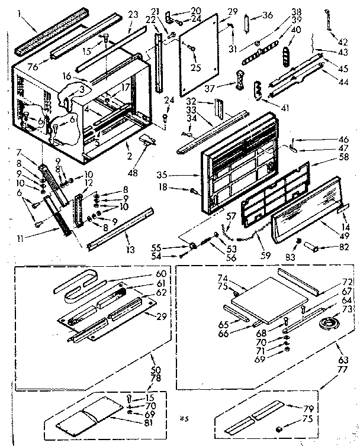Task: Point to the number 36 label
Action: point(267,15)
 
